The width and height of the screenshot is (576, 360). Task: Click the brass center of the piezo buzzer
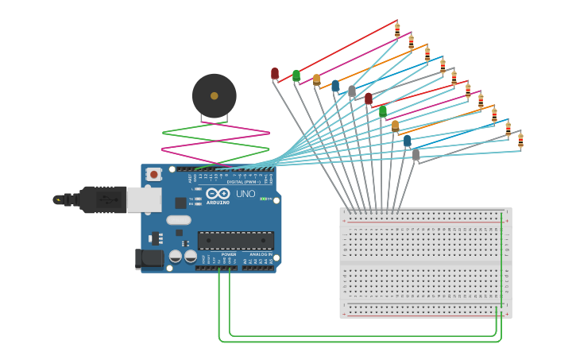pos(215,95)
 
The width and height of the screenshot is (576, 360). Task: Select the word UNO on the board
pos(245,194)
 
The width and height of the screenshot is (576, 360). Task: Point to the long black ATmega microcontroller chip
pos(236,240)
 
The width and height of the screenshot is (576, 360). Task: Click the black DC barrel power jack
pos(149,258)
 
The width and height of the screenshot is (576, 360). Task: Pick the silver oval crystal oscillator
pos(179,220)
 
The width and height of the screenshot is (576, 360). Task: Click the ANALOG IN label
pos(260,254)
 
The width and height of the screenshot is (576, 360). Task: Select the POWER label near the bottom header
pos(228,254)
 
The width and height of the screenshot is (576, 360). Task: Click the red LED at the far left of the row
pos(275,73)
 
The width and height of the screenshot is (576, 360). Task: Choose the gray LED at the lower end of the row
pos(416,154)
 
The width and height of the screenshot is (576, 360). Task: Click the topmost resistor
pos(397,30)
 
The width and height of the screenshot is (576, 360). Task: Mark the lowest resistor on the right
pos(520,141)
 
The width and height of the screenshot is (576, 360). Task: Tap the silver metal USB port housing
pos(144,199)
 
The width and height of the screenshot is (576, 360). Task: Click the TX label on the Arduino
pos(191,199)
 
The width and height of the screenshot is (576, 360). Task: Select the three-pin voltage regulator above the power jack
pos(157,237)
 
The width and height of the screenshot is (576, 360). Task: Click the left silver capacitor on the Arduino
pos(175,257)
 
